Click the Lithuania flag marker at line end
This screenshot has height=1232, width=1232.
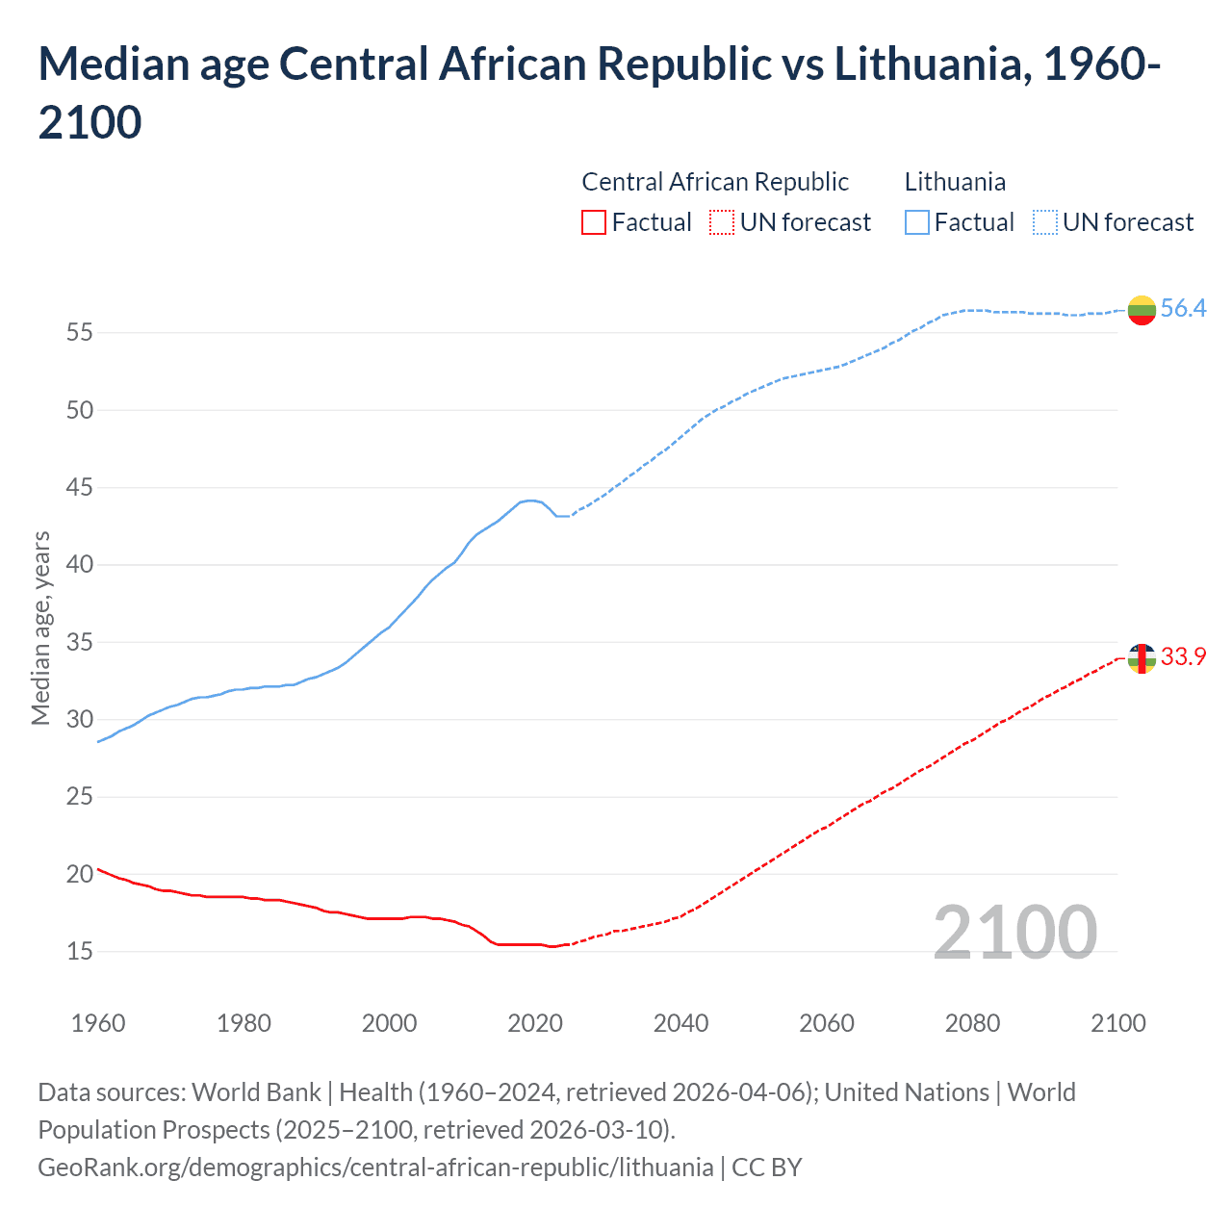(x=1142, y=310)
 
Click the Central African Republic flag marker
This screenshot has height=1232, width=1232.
(x=1142, y=658)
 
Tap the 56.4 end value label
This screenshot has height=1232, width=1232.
(x=1183, y=308)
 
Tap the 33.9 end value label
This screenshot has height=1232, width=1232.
(x=1183, y=656)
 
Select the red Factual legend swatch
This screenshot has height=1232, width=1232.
(x=594, y=222)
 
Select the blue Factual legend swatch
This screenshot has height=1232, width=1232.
(x=917, y=222)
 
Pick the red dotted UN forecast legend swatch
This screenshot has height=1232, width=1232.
(x=722, y=222)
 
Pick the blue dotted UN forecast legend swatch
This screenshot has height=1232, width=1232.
(x=1045, y=222)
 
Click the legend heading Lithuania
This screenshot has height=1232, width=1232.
(x=955, y=182)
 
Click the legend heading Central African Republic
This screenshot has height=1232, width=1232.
(x=715, y=182)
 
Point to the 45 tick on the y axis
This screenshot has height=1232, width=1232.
(x=80, y=488)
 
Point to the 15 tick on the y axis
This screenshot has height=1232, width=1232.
(x=80, y=951)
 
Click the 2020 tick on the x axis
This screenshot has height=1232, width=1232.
(x=535, y=1023)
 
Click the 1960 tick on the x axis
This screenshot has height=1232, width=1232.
(x=98, y=1023)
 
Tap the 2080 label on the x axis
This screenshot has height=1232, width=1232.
(x=972, y=1023)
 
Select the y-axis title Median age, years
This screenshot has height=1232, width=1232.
(x=40, y=628)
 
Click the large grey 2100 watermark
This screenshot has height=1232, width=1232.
(x=1015, y=933)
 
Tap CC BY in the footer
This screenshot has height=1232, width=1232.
(x=767, y=1168)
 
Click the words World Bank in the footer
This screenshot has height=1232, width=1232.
(x=256, y=1092)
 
